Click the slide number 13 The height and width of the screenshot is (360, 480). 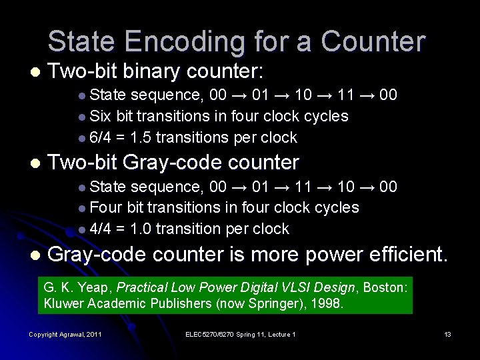click(447, 334)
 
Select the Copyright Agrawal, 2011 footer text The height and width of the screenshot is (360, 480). click(65, 334)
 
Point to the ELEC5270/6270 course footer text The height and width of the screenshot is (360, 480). click(240, 334)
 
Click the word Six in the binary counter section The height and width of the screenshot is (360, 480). click(100, 116)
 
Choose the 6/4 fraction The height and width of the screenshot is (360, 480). click(100, 137)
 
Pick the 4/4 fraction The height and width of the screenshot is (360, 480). click(100, 229)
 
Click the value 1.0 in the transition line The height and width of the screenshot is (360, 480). click(142, 229)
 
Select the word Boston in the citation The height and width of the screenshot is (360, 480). click(385, 287)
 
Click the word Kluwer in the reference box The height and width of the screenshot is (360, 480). click(63, 303)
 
